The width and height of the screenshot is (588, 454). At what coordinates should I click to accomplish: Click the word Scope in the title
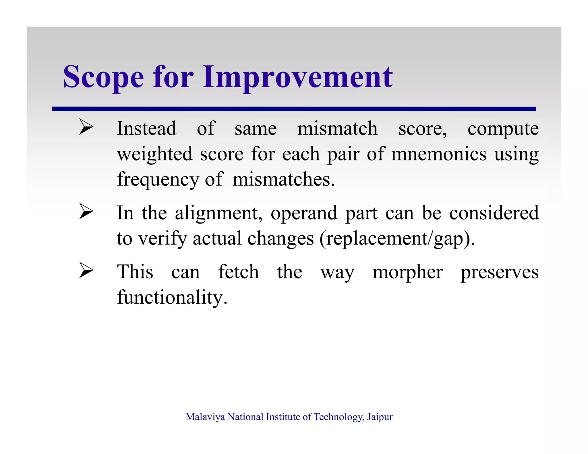[x=103, y=77]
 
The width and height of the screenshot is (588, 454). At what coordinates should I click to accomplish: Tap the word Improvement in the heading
[x=297, y=77]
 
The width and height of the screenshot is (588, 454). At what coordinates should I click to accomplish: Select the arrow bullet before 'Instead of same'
[x=86, y=127]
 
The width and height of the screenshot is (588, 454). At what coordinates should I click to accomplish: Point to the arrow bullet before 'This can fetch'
[x=86, y=270]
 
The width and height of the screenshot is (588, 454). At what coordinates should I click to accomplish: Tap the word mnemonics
[x=439, y=154]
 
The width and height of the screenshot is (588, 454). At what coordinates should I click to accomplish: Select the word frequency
[x=158, y=180]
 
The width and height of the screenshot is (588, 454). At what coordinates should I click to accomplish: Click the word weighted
[x=154, y=154]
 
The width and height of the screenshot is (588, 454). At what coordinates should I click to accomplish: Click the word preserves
[x=499, y=272]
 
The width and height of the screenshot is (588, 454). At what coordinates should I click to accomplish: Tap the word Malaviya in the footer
[x=205, y=417]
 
